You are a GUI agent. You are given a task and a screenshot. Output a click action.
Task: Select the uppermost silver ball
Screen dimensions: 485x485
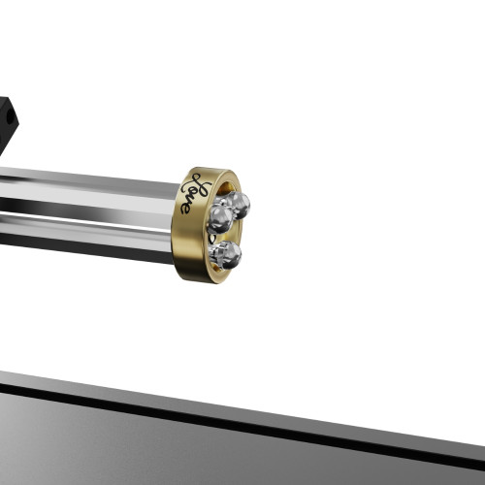237,205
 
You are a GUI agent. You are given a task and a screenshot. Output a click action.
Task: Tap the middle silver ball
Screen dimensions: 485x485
219,218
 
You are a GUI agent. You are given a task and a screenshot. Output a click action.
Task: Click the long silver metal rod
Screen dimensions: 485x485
87,189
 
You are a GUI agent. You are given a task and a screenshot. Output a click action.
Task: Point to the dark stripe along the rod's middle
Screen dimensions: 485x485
87,206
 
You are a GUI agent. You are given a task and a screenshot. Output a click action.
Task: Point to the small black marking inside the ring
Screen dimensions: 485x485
214,237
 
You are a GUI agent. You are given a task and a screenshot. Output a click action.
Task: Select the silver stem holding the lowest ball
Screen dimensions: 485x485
214,252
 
